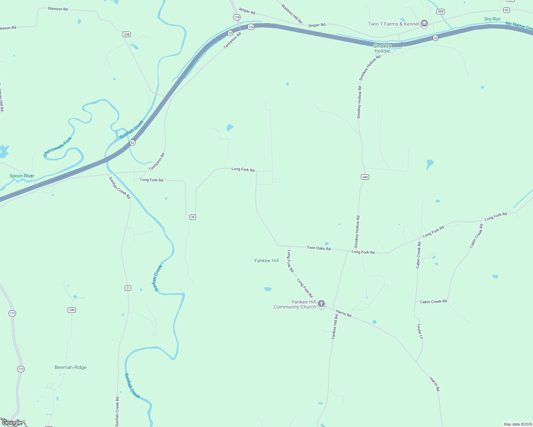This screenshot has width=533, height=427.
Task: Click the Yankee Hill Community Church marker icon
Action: click(x=321, y=304)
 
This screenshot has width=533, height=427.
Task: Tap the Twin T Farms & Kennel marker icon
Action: click(x=424, y=23)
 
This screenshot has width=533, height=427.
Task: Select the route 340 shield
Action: click(x=365, y=177)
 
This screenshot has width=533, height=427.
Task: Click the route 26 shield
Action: click(x=193, y=217)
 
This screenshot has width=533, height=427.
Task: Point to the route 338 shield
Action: click(x=126, y=35)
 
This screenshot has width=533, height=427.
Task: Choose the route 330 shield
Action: click(x=72, y=310)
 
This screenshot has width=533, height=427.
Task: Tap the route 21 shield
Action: click(x=128, y=288)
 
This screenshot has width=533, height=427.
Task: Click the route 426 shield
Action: click(x=440, y=11)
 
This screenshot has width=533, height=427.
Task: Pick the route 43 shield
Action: click(x=507, y=10)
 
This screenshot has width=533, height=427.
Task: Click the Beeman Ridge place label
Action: click(x=71, y=367)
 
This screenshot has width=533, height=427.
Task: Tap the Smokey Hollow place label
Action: click(x=382, y=48)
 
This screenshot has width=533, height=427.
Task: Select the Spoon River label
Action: click(x=22, y=176)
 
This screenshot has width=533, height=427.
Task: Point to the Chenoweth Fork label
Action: click(x=57, y=147)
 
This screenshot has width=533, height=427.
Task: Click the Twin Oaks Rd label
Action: click(x=319, y=248)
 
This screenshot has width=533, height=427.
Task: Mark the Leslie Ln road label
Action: click(x=420, y=331)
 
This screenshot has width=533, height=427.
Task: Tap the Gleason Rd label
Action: click(x=58, y=9)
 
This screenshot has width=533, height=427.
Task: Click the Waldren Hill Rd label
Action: click(x=291, y=14)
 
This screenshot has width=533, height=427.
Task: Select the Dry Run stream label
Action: click(x=492, y=19)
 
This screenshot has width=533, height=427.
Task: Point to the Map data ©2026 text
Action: click(x=517, y=424)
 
